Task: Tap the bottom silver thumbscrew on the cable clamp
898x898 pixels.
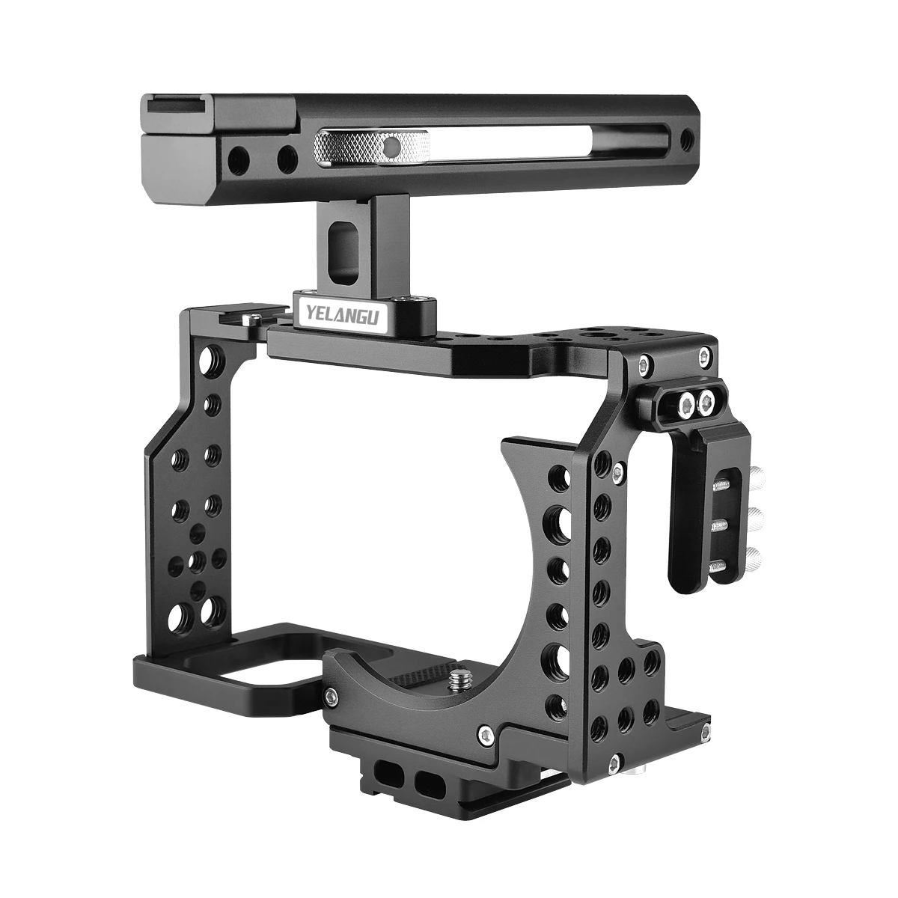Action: point(755,558)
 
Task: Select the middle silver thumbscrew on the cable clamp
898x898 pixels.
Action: point(756,516)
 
